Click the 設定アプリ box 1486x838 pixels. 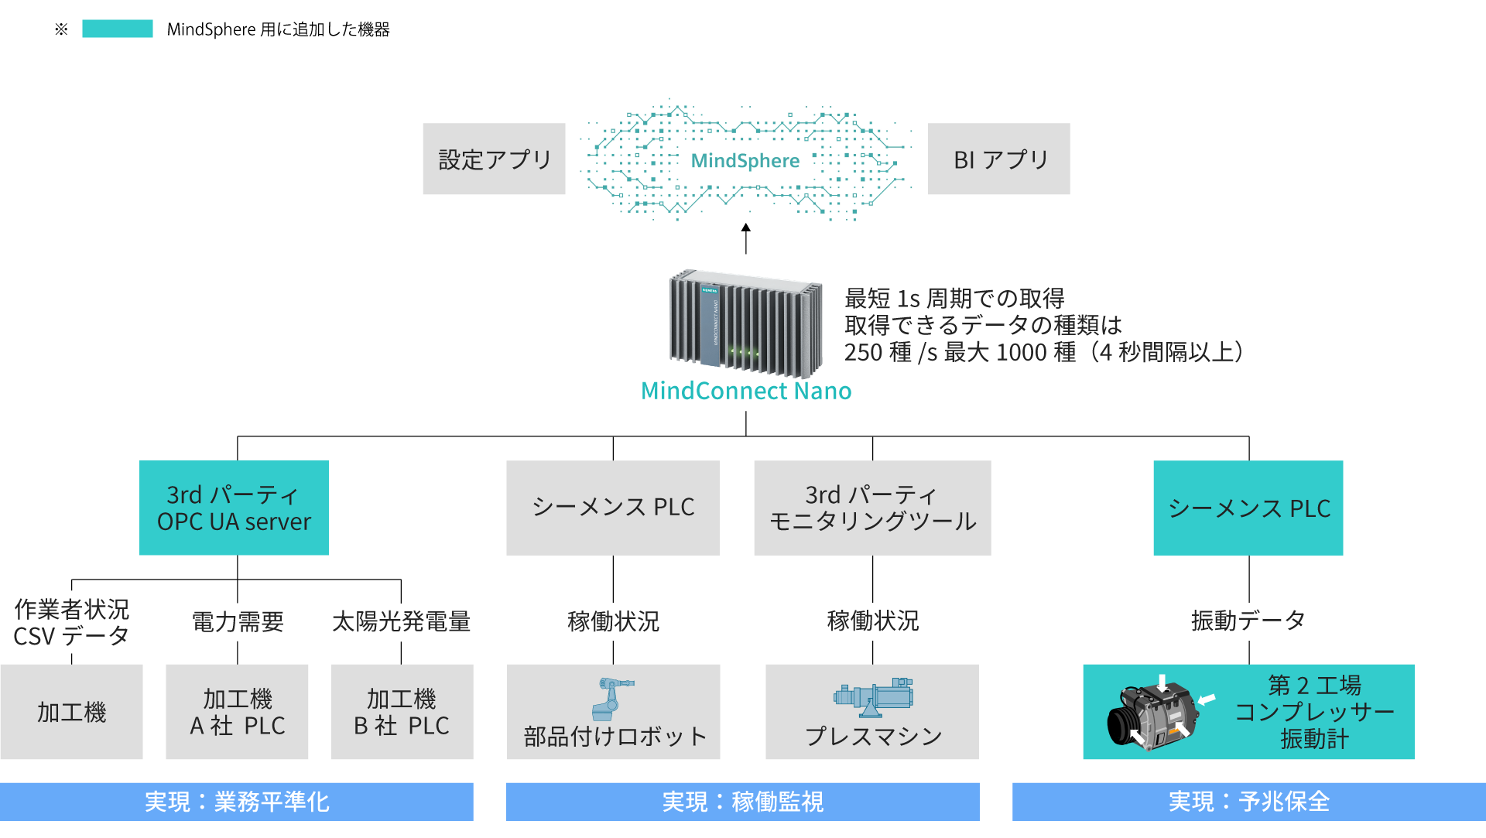click(x=494, y=159)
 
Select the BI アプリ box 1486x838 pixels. click(x=998, y=159)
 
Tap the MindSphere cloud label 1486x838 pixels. click(x=745, y=160)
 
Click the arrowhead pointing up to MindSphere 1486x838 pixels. click(x=746, y=227)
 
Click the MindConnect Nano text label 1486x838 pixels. click(x=746, y=391)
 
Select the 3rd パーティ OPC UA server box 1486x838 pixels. click(x=234, y=508)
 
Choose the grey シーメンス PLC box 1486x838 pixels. click(x=613, y=508)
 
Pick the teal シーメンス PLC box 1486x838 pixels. click(x=1248, y=508)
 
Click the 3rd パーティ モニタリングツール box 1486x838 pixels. click(x=872, y=508)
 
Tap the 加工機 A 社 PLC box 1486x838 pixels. click(x=237, y=712)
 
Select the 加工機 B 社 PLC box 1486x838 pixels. click(x=402, y=712)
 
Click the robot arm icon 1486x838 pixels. click(x=612, y=698)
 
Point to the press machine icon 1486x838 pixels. click(x=873, y=696)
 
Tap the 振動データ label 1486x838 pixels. click(x=1248, y=620)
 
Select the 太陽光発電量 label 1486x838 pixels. click(x=402, y=621)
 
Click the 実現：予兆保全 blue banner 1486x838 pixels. click(x=1248, y=802)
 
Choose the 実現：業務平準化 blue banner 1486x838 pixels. click(x=237, y=802)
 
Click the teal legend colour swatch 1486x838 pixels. click(x=118, y=29)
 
